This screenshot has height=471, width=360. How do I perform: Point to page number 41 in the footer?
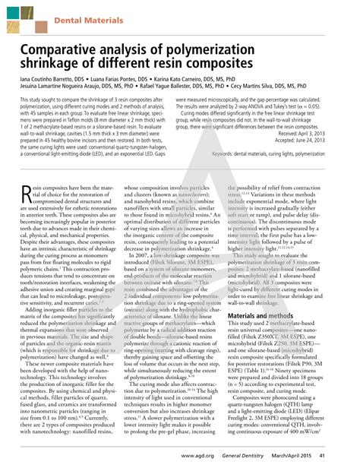pyautogui.click(x=343, y=454)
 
